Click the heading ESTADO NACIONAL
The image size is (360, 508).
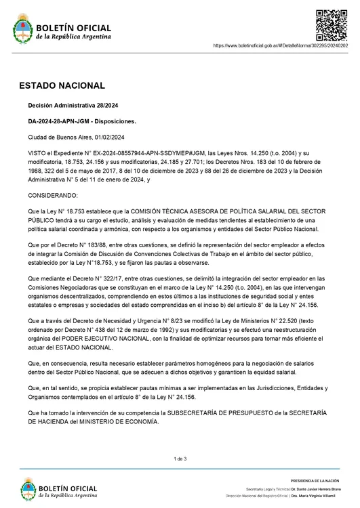[x=62, y=86]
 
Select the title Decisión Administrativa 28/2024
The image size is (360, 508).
[x=72, y=106]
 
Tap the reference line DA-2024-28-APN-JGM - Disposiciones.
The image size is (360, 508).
[x=82, y=121]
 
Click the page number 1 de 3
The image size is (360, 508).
[x=180, y=459]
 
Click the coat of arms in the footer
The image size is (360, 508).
[x=28, y=488]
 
